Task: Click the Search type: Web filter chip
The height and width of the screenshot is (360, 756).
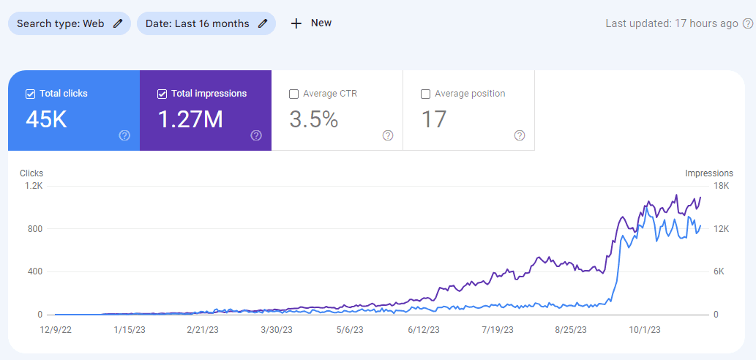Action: [69, 23]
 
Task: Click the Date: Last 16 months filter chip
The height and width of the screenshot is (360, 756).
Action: [206, 23]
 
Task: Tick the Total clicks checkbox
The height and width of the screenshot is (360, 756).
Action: [30, 94]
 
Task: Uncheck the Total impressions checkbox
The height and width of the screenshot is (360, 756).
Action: [162, 94]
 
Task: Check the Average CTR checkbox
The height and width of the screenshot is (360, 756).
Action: [293, 94]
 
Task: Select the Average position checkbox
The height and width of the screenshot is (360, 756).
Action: [425, 94]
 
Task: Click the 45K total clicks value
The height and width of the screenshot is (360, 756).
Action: [46, 119]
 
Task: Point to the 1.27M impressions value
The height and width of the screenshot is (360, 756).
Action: [190, 119]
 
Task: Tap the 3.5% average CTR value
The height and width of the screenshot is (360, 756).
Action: [313, 119]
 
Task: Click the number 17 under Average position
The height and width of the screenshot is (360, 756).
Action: [434, 119]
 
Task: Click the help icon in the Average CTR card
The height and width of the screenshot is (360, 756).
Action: [388, 135]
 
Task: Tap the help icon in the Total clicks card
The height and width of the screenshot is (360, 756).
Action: [124, 135]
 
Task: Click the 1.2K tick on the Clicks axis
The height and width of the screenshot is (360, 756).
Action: [34, 186]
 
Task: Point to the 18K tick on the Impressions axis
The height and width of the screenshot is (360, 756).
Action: [722, 186]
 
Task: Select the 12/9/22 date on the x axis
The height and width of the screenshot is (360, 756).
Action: [56, 330]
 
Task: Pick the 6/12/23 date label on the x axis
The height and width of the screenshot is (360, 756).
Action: [424, 330]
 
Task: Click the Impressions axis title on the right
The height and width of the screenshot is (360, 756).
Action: [708, 173]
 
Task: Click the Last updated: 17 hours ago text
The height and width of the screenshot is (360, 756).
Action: [672, 23]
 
